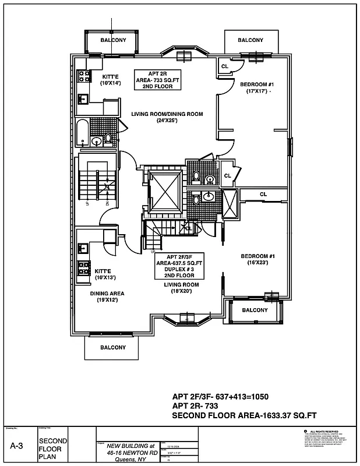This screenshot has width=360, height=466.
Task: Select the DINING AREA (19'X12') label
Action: click(107, 297)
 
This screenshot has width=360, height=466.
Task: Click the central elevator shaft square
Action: click(165, 192)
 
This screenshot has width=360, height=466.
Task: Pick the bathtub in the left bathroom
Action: click(82, 133)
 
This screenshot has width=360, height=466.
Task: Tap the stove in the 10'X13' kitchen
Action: click(83, 269)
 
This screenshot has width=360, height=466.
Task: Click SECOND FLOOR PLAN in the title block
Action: click(51, 449)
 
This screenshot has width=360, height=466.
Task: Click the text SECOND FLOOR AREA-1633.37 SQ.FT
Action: click(244, 415)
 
